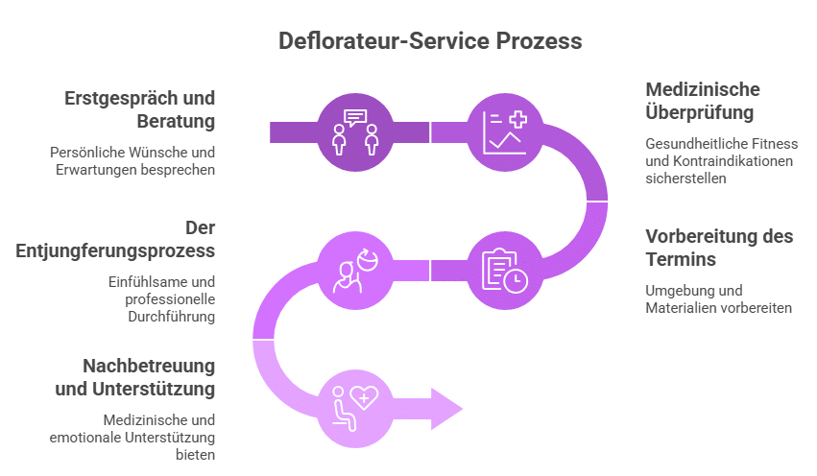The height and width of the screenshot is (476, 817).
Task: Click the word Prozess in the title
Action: pyautogui.click(x=540, y=42)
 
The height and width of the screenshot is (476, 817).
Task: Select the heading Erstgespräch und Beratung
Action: pyautogui.click(x=140, y=110)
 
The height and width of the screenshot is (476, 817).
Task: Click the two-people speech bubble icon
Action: pyautogui.click(x=355, y=131)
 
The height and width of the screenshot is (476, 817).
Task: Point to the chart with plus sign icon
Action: pyautogui.click(x=505, y=131)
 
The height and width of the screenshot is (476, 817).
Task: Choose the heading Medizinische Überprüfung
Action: pyautogui.click(x=703, y=101)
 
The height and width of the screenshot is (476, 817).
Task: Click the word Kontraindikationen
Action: pyautogui.click(x=730, y=161)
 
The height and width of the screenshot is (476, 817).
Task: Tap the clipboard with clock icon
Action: pyautogui.click(x=505, y=271)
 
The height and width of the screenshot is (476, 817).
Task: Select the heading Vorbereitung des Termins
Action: pyautogui.click(x=719, y=248)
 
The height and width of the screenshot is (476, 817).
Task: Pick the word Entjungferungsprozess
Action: pyautogui.click(x=115, y=250)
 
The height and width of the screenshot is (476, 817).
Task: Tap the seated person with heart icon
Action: pyautogui.click(x=355, y=408)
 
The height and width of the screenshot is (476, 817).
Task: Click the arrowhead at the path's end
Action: pyautogui.click(x=445, y=409)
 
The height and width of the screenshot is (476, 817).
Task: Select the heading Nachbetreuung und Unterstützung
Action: pyautogui.click(x=134, y=377)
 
